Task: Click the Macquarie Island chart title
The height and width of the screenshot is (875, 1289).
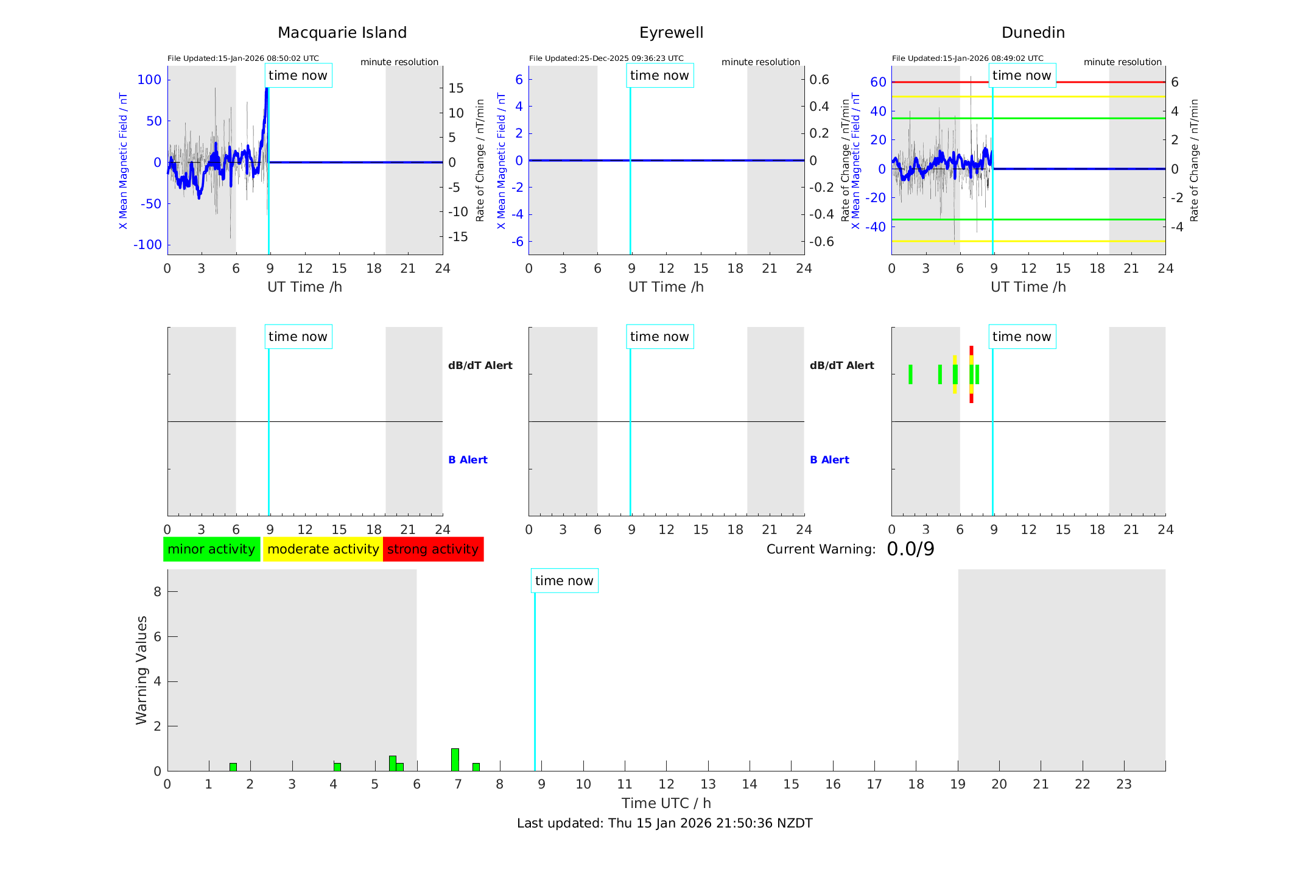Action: (x=342, y=33)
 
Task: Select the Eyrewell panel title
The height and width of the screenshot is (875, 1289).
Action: (x=671, y=33)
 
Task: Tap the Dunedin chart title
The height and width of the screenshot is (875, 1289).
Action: (x=1033, y=33)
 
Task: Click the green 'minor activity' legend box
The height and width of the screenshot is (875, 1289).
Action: (x=211, y=549)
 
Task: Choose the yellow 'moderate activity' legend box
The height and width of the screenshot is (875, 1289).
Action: (x=323, y=549)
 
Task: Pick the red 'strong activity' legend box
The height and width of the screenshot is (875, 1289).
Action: (x=433, y=549)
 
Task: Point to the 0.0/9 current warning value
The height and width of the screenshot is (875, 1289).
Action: (x=910, y=549)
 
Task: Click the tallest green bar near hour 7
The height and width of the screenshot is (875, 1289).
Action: (x=455, y=759)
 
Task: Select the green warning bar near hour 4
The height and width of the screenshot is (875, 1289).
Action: (x=337, y=767)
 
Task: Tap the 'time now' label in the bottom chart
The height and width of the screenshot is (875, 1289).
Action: (x=564, y=581)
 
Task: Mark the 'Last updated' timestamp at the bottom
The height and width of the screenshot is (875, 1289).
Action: (x=664, y=823)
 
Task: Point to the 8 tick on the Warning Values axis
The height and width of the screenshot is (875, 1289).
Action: (x=157, y=591)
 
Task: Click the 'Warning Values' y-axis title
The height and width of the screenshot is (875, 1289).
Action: (x=141, y=670)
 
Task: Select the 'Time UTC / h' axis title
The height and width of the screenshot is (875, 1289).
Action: (x=666, y=803)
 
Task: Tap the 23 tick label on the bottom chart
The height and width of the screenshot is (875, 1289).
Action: (x=1123, y=784)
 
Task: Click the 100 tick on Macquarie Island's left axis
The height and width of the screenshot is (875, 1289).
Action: (x=149, y=80)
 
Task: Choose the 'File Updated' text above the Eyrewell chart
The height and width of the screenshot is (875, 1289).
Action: (x=606, y=58)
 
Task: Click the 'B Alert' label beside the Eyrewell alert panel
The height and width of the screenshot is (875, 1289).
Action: (x=829, y=460)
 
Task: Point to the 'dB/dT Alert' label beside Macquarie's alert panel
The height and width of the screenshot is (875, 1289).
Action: (x=480, y=365)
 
